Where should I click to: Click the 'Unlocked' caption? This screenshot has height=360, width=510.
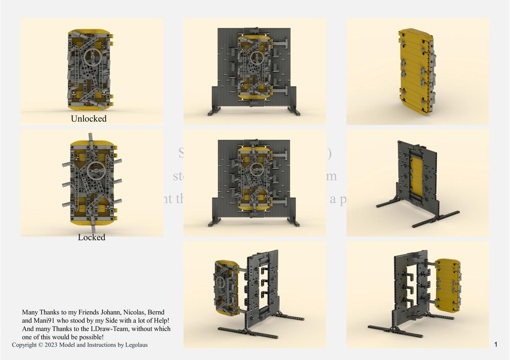89,118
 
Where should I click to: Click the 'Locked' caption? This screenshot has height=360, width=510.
91,237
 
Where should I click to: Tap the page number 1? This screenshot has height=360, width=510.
496,345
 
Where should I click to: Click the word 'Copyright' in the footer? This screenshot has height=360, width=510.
24,345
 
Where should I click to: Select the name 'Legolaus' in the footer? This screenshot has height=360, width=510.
135,345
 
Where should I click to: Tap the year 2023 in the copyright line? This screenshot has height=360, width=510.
52,345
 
